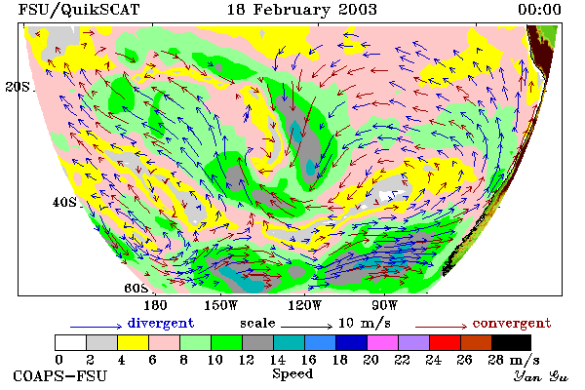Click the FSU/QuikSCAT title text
(79, 10)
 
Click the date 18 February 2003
(302, 10)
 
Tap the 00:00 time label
(539, 10)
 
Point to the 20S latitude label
(18, 87)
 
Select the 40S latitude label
(64, 202)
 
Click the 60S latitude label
(136, 289)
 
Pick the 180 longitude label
(155, 305)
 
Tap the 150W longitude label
(221, 305)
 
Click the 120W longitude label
(304, 305)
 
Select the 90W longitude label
(385, 305)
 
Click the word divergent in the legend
(161, 323)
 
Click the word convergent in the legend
(512, 323)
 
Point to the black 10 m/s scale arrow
(306, 327)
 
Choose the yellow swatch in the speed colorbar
(134, 342)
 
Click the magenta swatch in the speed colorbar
(383, 342)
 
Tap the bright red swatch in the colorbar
(446, 342)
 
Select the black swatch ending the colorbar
(511, 342)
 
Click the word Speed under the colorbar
(292, 373)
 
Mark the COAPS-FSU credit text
(60, 375)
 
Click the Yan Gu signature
(541, 376)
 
